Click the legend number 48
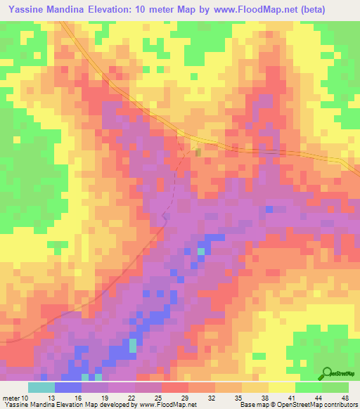click(x=345, y=398)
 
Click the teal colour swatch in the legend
click(x=41, y=387)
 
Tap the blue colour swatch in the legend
click(x=67, y=387)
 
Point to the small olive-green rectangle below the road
click(x=198, y=152)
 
